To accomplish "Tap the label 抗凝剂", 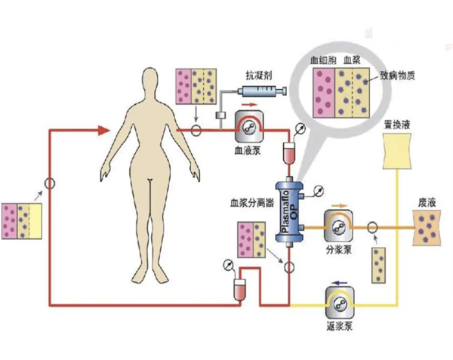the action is (x=259, y=75).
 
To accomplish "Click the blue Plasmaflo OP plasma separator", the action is (x=289, y=212).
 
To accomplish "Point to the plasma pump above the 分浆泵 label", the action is (x=338, y=226).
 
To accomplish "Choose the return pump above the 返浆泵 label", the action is (x=339, y=303).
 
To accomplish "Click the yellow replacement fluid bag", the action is (x=397, y=151).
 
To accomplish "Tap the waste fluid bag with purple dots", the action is (x=427, y=228).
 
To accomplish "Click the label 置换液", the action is (x=397, y=125).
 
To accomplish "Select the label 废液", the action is (x=427, y=203).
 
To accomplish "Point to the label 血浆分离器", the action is (x=251, y=203).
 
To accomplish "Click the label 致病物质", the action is (x=397, y=75).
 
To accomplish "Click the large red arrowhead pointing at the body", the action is (x=103, y=131).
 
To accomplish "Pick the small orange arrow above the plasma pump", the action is (x=340, y=206).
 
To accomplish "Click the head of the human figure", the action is (x=150, y=82).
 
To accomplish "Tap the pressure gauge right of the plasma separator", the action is (x=319, y=191).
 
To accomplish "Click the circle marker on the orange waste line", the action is (x=372, y=227).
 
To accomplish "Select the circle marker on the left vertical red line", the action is (x=50, y=183).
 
